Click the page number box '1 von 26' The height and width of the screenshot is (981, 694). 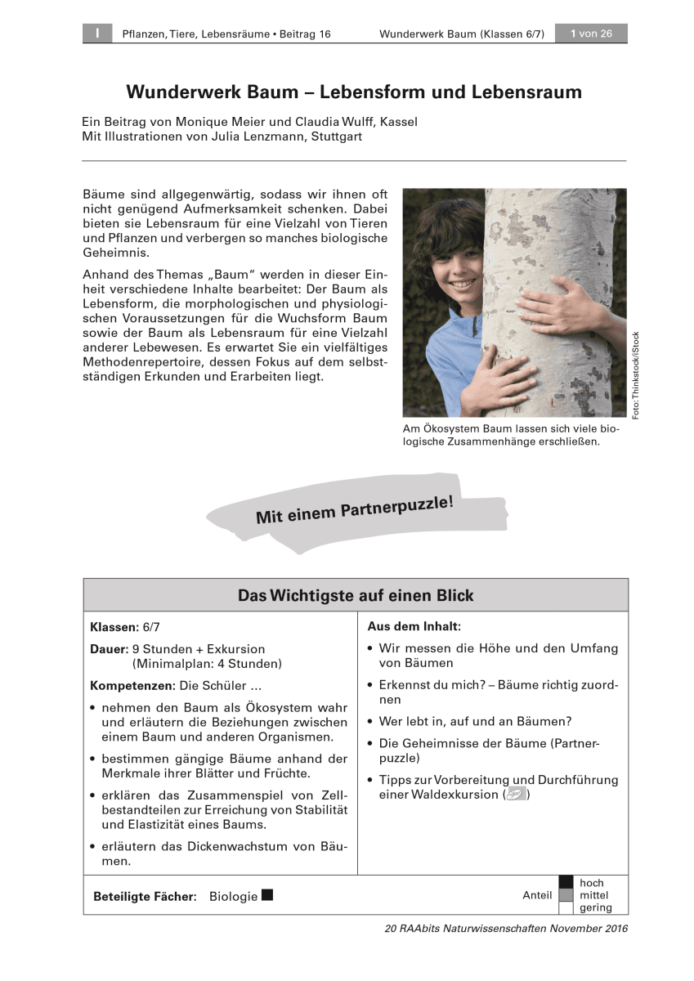pyautogui.click(x=591, y=34)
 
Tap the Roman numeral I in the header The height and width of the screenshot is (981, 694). pyautogui.click(x=97, y=34)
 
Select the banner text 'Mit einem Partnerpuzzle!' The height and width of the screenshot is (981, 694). pyautogui.click(x=354, y=508)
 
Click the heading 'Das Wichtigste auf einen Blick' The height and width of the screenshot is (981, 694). pyautogui.click(x=356, y=595)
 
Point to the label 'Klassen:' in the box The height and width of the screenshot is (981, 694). pyautogui.click(x=114, y=627)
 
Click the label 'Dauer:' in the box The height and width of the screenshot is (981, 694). pyautogui.click(x=110, y=649)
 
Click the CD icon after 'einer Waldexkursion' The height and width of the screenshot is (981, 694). pyautogui.click(x=516, y=794)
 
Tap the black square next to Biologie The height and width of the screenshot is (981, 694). pyautogui.click(x=267, y=895)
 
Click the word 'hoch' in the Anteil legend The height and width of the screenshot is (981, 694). pyautogui.click(x=592, y=883)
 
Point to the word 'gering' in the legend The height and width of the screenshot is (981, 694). pyautogui.click(x=595, y=907)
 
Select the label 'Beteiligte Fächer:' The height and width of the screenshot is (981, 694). pyautogui.click(x=146, y=896)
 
